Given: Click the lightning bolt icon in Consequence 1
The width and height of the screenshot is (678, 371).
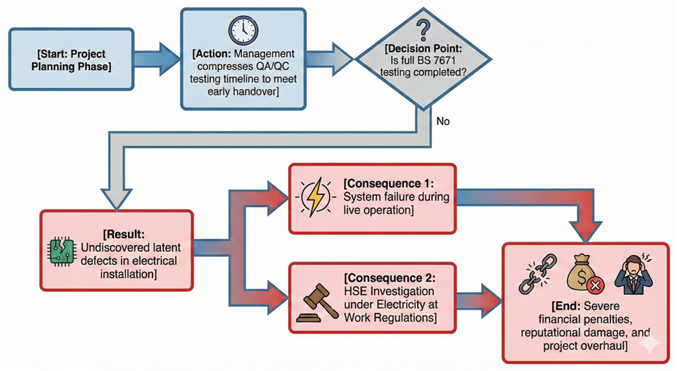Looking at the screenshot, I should [314, 197].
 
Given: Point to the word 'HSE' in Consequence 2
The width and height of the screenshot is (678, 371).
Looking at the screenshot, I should [356, 291].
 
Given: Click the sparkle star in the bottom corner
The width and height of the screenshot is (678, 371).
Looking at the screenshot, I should [651, 345].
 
